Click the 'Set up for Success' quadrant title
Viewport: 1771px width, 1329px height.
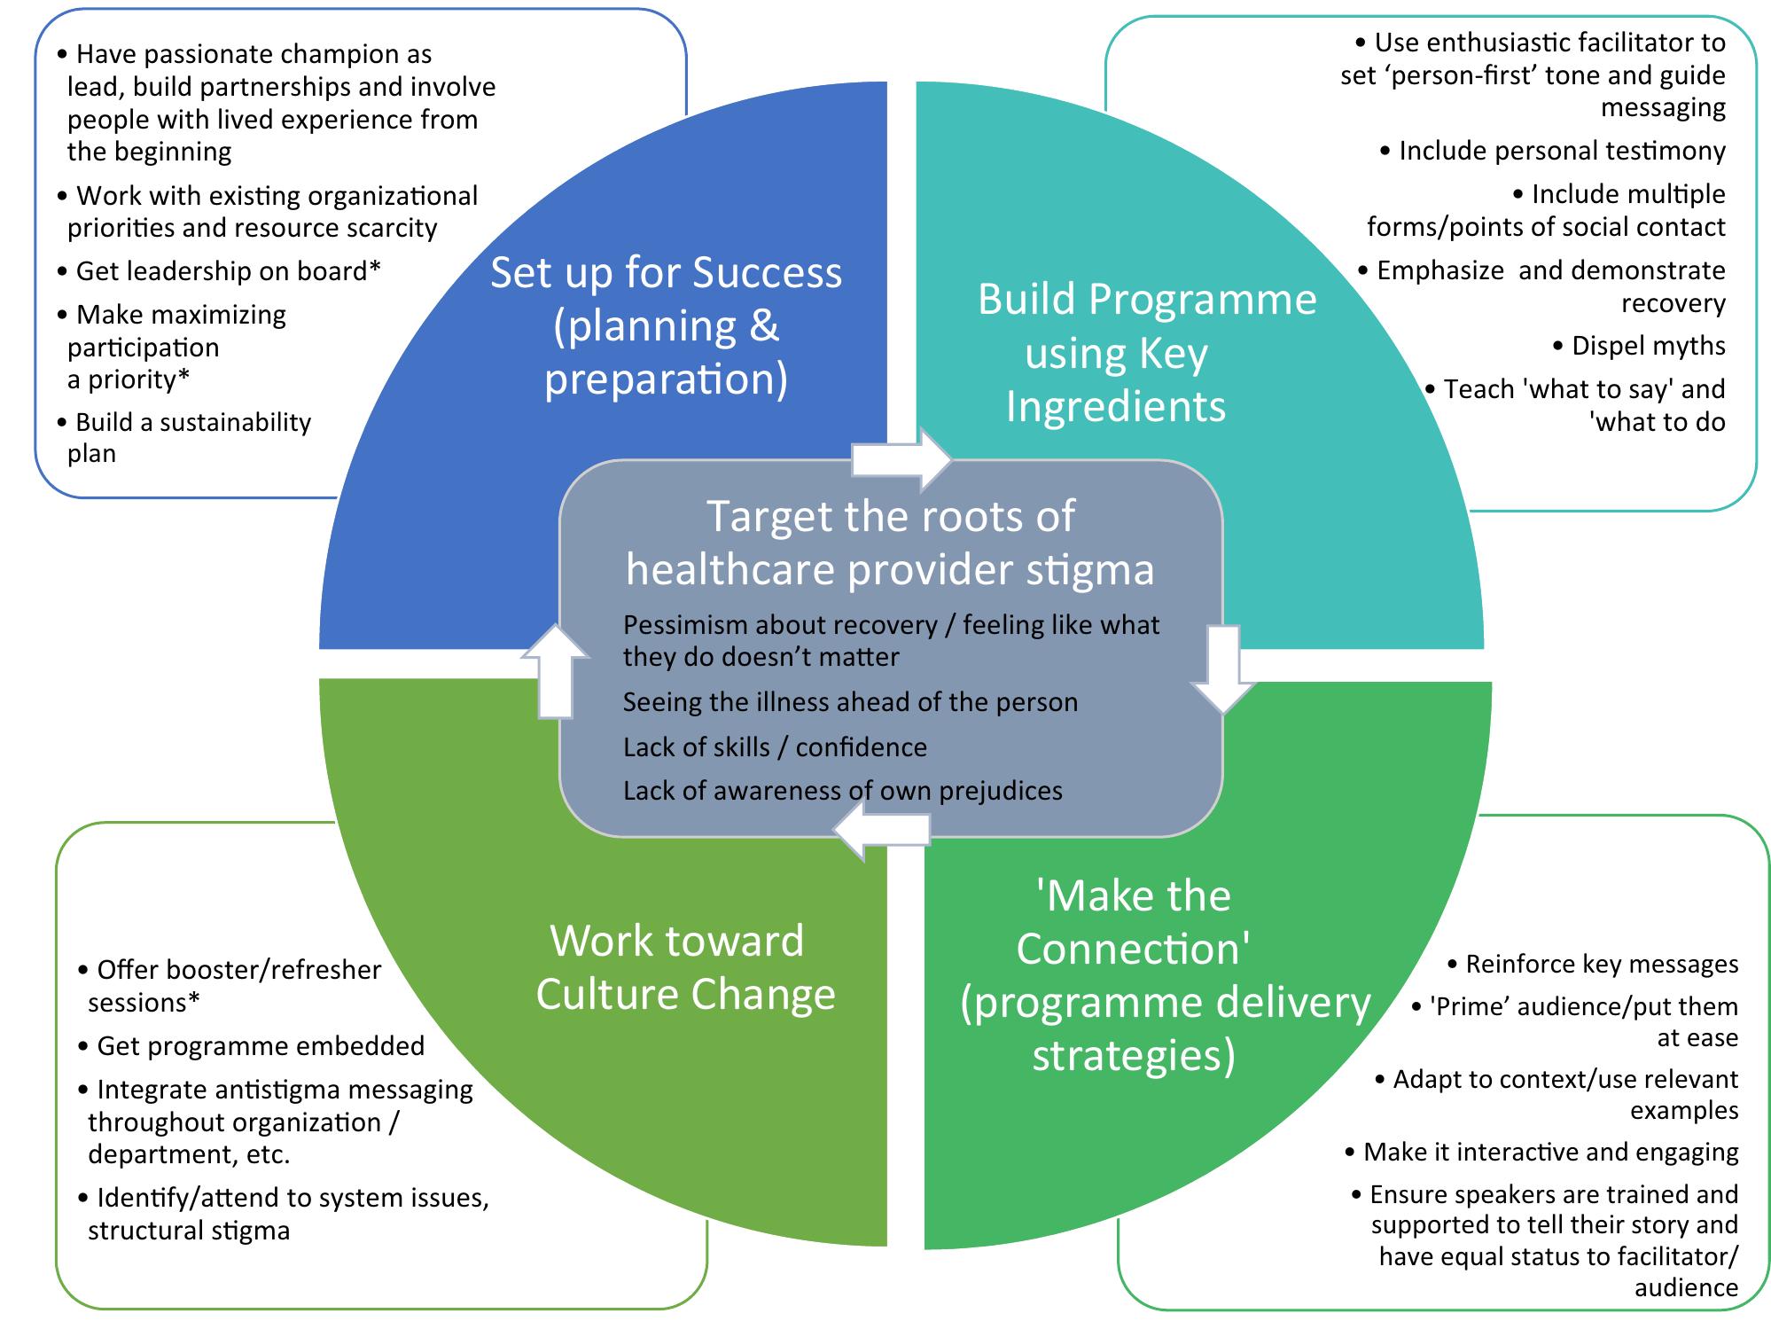[666, 325]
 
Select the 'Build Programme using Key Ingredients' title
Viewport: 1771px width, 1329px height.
[1146, 353]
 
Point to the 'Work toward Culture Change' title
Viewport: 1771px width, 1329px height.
[684, 967]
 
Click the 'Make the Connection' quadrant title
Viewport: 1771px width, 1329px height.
[1164, 975]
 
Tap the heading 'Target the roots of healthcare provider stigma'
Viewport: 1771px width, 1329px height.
[890, 543]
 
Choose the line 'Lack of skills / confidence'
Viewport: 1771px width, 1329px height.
[775, 747]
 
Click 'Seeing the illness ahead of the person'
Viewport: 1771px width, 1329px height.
[850, 702]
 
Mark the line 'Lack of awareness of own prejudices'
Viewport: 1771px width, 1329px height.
[842, 791]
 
